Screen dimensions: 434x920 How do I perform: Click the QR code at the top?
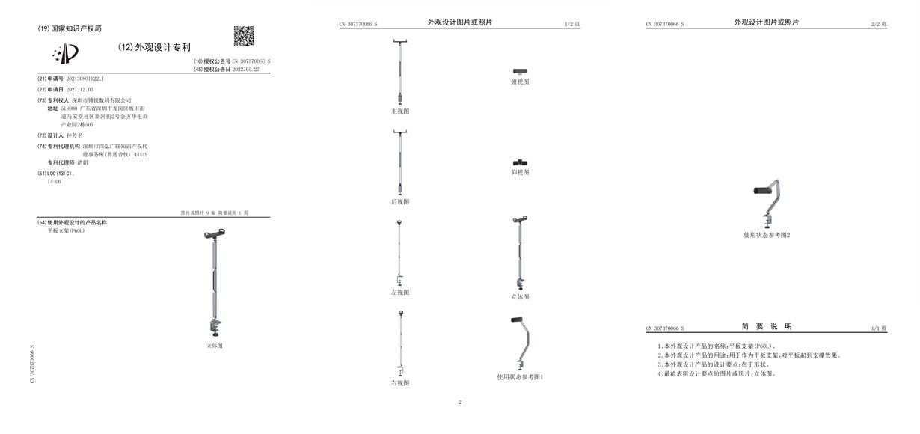(x=244, y=36)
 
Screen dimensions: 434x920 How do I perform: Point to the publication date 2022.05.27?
(x=245, y=69)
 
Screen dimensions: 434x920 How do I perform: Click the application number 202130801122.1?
(x=85, y=78)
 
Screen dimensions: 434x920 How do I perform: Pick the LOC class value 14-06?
(x=54, y=182)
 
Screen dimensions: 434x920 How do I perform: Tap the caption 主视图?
(x=400, y=111)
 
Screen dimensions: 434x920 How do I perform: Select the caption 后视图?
(x=400, y=201)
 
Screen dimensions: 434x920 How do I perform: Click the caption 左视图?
(x=400, y=292)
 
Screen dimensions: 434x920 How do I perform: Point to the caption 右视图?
(x=400, y=382)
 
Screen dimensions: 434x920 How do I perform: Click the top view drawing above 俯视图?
(x=520, y=70)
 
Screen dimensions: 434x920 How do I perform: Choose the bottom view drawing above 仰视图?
(x=520, y=162)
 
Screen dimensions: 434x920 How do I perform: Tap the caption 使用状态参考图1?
(x=520, y=376)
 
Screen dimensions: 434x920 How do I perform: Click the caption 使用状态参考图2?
(x=767, y=235)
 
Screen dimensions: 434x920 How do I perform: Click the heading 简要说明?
(x=767, y=327)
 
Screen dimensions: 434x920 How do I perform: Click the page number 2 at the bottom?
(x=460, y=403)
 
